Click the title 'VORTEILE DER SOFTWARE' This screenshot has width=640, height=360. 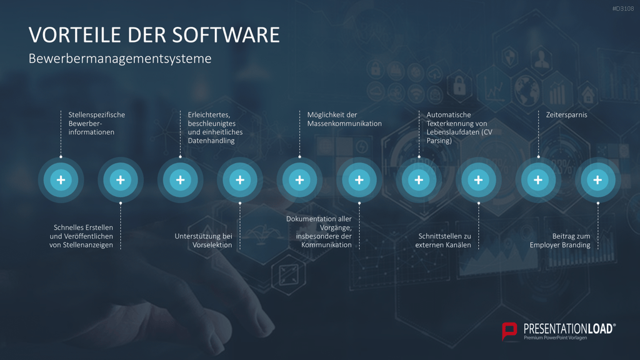tap(154, 35)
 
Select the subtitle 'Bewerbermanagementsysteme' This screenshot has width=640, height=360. tap(120, 59)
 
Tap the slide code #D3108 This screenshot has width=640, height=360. tap(623, 9)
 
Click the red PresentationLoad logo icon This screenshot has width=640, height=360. tap(509, 331)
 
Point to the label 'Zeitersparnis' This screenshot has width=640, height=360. tap(566, 115)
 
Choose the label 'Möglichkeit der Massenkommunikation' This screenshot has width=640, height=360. tap(344, 119)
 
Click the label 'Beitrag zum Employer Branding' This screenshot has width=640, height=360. tap(560, 241)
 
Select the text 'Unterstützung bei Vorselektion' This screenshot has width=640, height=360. tap(203, 241)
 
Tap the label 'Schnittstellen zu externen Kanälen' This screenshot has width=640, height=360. tap(443, 241)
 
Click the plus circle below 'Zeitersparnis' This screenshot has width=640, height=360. tap(538, 180)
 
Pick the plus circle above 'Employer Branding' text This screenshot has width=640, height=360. tap(597, 180)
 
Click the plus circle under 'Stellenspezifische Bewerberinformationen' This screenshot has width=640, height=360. tap(61, 180)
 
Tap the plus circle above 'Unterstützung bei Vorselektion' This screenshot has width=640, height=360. tap(239, 180)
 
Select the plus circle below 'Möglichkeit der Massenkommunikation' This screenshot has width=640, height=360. tap(299, 180)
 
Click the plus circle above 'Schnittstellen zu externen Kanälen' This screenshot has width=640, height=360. tap(478, 180)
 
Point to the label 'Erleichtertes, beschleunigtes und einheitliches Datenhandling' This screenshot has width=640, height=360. tap(215, 127)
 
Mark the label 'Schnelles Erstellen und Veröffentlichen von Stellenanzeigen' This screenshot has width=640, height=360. tap(81, 236)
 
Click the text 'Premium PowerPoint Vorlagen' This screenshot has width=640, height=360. tap(556, 337)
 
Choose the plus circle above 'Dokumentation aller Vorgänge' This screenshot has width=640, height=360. tap(359, 180)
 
